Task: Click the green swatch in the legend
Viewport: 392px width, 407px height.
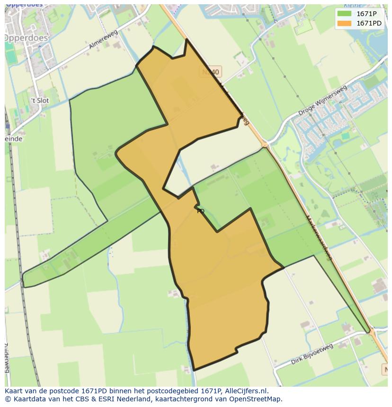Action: (344, 14)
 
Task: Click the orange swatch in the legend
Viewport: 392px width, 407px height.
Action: (344, 23)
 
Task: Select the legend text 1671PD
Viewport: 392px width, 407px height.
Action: (369, 23)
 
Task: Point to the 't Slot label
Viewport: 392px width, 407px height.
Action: (39, 100)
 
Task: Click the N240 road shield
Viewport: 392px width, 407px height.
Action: (211, 72)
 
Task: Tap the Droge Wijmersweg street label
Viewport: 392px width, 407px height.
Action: (323, 101)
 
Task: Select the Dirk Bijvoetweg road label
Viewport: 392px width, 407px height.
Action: (312, 354)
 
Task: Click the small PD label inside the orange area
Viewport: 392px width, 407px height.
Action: (201, 211)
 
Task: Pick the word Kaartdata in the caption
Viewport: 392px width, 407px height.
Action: (27, 399)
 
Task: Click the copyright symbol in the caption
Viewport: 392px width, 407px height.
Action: (8, 399)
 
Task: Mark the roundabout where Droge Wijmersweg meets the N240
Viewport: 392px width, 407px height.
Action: (265, 144)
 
